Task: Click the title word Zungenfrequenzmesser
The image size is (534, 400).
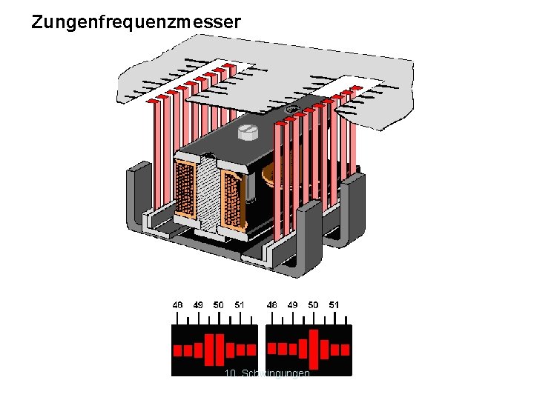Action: (x=136, y=22)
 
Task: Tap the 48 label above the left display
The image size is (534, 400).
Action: (x=178, y=304)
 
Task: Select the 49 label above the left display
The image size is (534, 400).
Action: (x=198, y=304)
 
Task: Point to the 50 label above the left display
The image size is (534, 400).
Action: (x=218, y=304)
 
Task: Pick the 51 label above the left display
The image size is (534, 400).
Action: (x=239, y=304)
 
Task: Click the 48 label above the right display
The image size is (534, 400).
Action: (x=272, y=304)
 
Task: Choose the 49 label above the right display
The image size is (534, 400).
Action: (x=293, y=304)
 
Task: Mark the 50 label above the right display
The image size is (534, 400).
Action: (x=313, y=304)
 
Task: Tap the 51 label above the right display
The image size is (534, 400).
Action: (x=334, y=304)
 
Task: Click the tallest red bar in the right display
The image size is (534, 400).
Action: (x=313, y=349)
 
